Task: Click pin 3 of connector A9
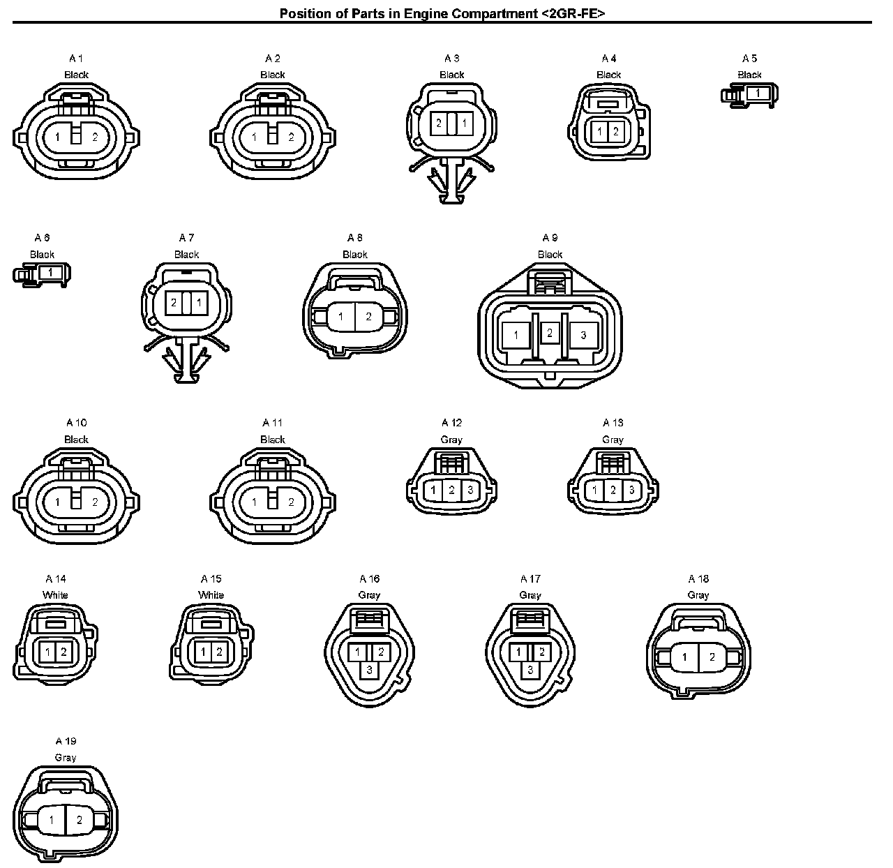583,335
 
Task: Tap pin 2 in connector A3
439,124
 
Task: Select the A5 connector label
749,59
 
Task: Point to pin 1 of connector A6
50,272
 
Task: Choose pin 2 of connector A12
452,490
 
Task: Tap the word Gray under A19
66,757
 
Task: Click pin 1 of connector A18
684,657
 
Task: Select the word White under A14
55,595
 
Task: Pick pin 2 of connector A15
219,652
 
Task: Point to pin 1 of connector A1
58,137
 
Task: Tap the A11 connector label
272,423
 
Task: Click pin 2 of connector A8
368,317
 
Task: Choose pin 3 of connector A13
631,490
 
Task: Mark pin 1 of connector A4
600,131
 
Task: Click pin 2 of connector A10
96,502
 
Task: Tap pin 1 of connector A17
518,652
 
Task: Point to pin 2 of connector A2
292,137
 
